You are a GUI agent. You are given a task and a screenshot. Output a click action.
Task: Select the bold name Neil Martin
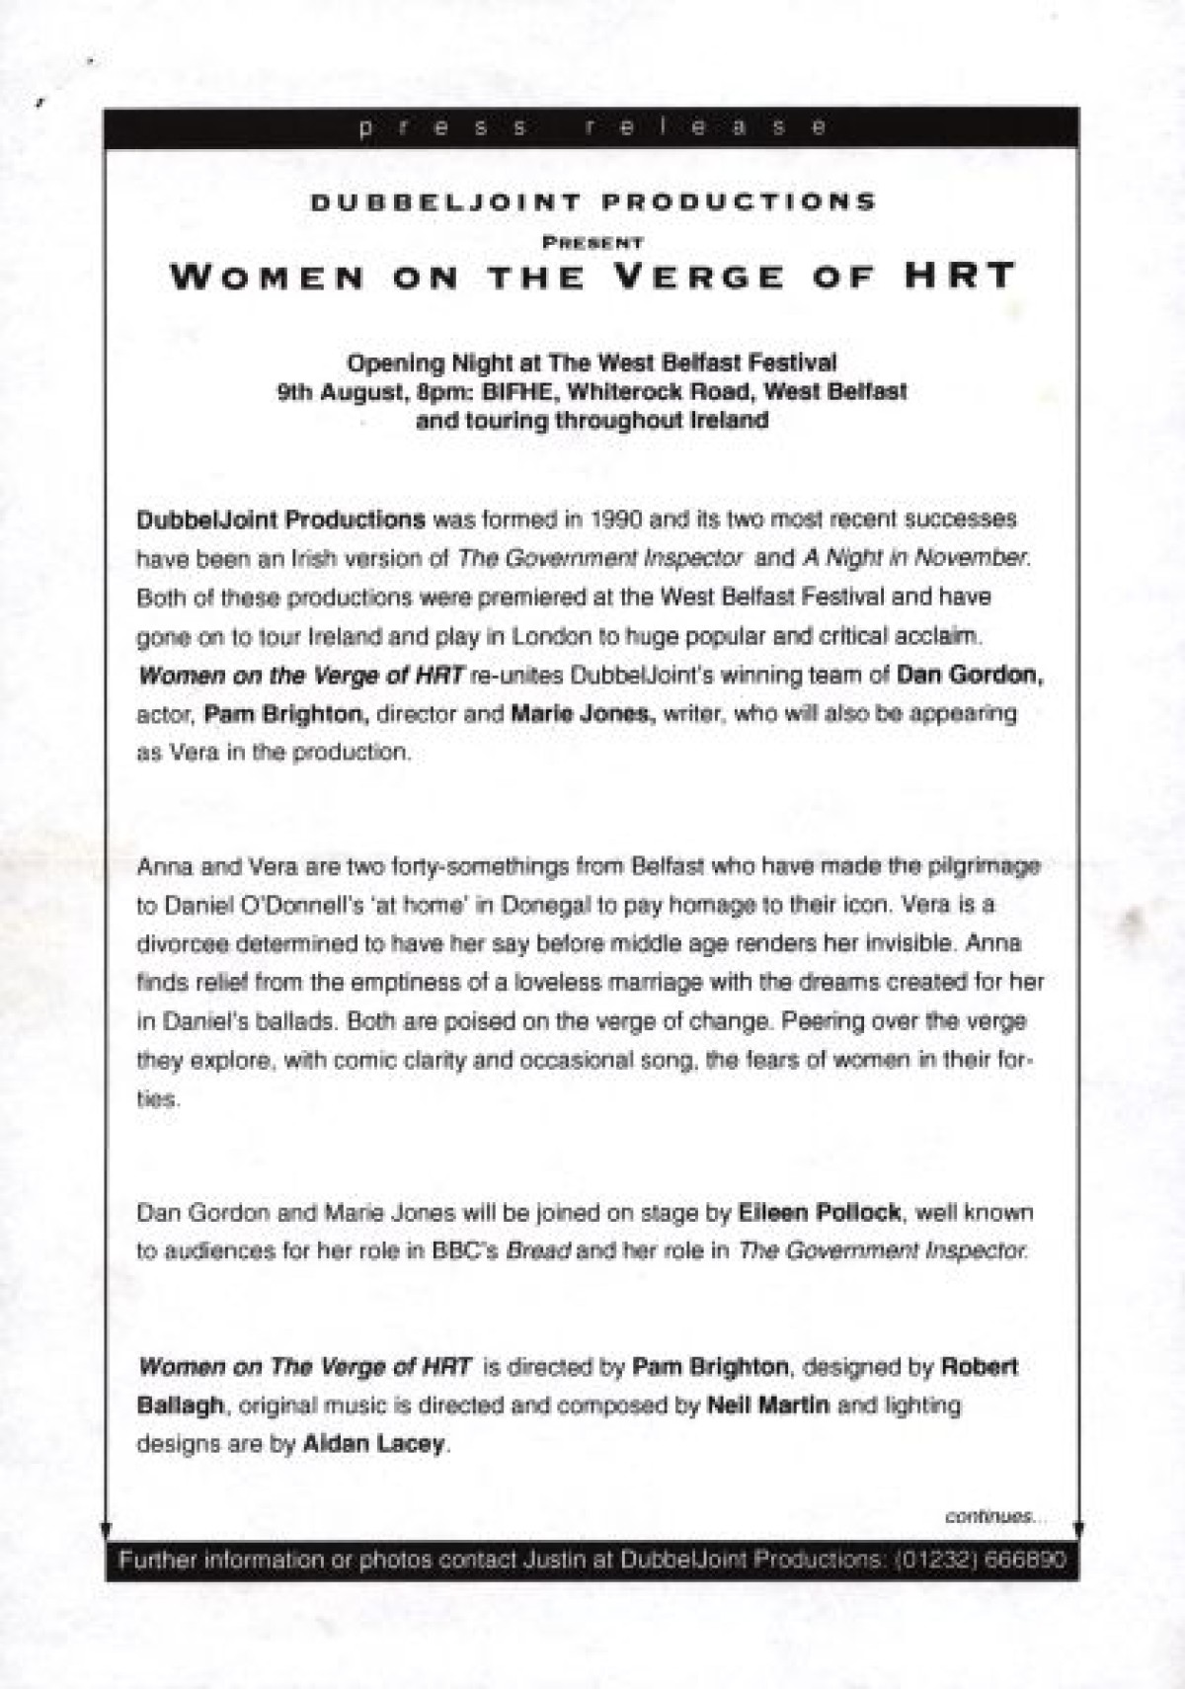[768, 1406]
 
